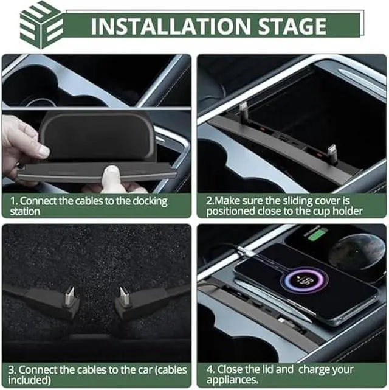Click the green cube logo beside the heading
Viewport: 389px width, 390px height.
[x=41, y=25]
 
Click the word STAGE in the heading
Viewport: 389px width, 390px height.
[x=292, y=26]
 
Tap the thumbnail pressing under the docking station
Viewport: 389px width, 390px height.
[x=112, y=176]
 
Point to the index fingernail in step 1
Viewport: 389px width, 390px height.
[x=45, y=151]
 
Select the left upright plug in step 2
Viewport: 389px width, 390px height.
[x=244, y=110]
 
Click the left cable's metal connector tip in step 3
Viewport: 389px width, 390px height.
[x=69, y=296]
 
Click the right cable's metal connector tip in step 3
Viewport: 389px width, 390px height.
[x=123, y=296]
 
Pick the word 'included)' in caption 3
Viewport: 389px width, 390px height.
[x=30, y=380]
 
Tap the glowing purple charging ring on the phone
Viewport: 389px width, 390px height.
[x=305, y=280]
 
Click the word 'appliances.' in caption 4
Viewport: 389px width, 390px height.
[x=232, y=380]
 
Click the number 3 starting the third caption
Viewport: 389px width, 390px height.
[x=11, y=370]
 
